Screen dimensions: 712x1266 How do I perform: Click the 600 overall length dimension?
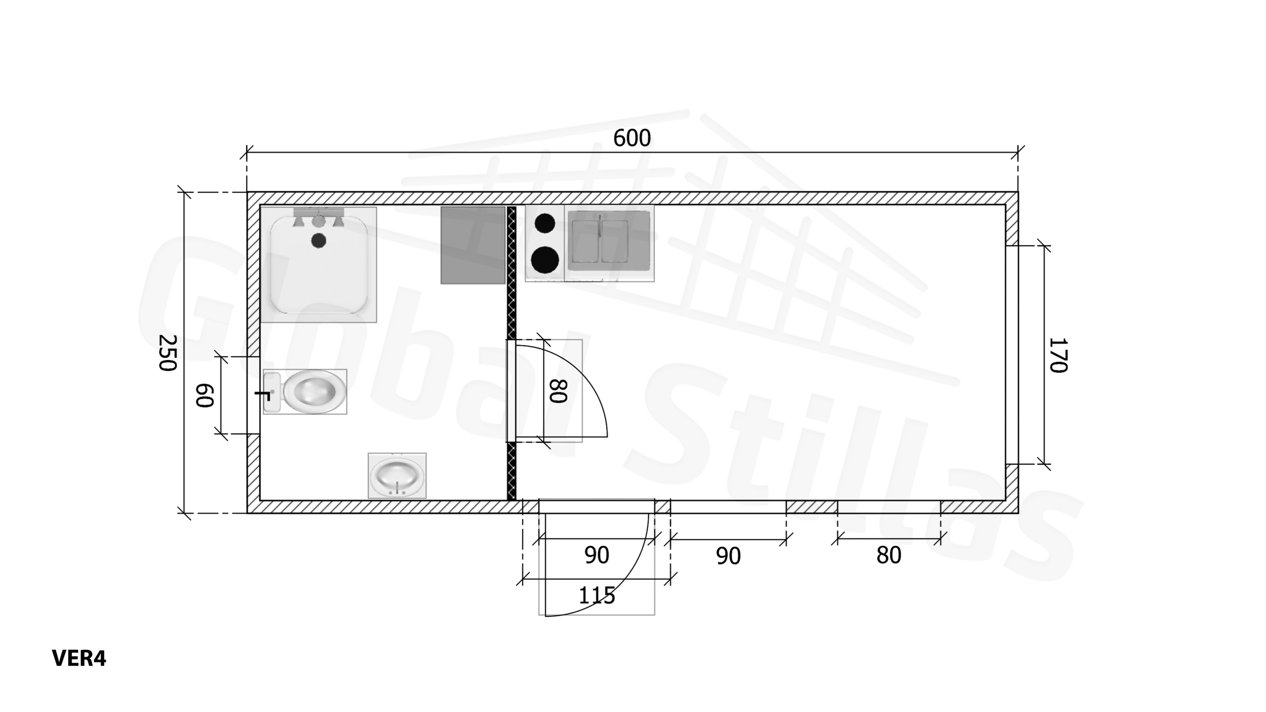(x=632, y=138)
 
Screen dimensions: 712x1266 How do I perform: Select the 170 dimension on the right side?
(x=1058, y=355)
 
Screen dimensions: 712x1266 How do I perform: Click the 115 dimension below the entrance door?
(x=596, y=595)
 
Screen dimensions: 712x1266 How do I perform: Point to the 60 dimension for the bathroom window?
(x=204, y=395)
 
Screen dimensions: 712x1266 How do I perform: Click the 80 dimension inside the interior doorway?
(x=558, y=391)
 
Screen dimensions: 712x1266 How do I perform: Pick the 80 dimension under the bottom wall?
(x=888, y=556)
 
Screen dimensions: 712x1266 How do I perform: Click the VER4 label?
(x=79, y=658)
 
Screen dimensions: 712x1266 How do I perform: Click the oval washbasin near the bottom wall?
(x=397, y=476)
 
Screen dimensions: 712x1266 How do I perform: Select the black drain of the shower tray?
(x=318, y=241)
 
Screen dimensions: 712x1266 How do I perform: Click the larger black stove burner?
(x=544, y=260)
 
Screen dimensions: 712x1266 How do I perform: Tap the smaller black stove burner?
(x=544, y=223)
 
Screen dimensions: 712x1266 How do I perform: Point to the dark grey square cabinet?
(x=473, y=245)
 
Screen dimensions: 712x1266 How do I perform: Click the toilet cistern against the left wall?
(x=271, y=392)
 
